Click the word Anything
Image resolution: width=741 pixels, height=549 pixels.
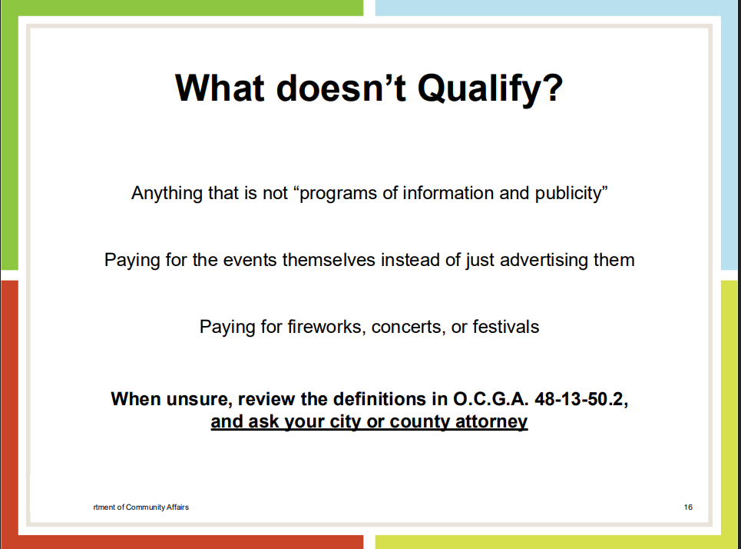[x=167, y=194]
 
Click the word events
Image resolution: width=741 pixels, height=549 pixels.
[x=250, y=261]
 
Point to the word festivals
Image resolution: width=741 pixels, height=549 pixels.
[x=506, y=327]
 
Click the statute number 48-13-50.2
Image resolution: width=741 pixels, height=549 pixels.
[x=581, y=399]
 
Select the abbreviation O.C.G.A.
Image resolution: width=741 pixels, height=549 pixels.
[x=491, y=399]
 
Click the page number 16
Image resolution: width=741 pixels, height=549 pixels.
[x=688, y=507]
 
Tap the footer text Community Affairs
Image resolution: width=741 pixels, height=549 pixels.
[x=157, y=507]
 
